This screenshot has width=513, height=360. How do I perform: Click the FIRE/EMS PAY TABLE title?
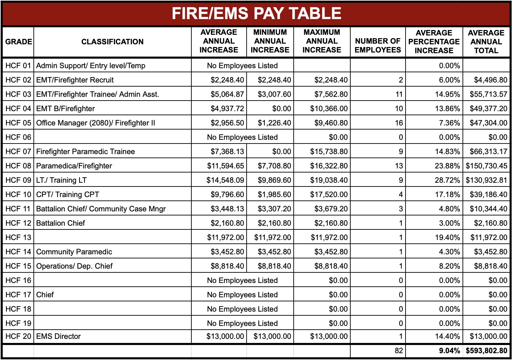click(x=256, y=14)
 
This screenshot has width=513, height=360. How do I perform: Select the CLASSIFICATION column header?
click(x=112, y=42)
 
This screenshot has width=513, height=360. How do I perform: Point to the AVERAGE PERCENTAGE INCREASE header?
click(x=434, y=42)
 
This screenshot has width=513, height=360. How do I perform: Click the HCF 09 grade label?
click(x=18, y=180)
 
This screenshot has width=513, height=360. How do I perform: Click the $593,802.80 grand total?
click(x=486, y=350)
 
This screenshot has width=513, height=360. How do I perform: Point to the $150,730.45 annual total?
click(x=486, y=166)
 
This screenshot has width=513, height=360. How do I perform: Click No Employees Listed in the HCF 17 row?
click(x=242, y=295)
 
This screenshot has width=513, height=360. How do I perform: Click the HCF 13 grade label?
click(x=18, y=237)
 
